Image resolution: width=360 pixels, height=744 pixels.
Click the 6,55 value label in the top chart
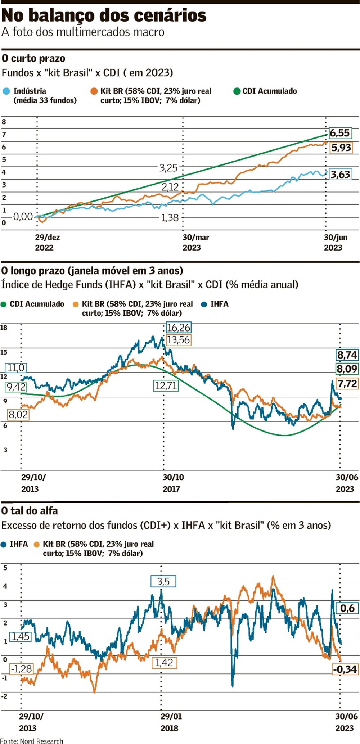pos(339,133)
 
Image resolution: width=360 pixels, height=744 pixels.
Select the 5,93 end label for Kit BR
pos(341,148)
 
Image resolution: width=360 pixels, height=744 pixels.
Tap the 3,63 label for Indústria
pos(340,175)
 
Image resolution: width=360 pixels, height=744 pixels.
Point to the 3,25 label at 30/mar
pos(168,168)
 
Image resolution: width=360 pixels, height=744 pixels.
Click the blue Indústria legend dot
pos(6,91)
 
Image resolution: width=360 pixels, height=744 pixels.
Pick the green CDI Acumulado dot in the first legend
pos(237,91)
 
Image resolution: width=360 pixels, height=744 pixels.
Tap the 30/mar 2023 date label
pos(195,242)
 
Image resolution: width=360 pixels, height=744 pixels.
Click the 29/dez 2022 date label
pos(47,242)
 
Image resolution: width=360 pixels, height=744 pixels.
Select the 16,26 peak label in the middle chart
pos(179,328)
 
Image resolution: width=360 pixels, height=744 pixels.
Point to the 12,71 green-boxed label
pos(166,385)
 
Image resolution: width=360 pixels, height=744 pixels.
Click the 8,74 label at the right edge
pos(347,355)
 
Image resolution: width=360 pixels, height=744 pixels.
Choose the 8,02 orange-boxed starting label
pos(18,414)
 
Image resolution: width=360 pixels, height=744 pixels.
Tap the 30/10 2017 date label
pos(173,483)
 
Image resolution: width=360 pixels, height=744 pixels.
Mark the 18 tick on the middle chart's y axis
pos(4,328)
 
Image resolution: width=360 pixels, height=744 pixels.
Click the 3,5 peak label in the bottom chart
pos(163,581)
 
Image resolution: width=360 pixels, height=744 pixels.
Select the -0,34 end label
pos(345,669)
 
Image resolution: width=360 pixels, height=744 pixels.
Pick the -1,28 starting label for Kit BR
pos(21,669)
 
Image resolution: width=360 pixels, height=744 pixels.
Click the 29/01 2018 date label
pos(171,722)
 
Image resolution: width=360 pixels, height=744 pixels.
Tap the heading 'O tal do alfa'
pos(30,510)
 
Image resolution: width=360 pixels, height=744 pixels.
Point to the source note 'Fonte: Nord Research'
pos(32,741)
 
